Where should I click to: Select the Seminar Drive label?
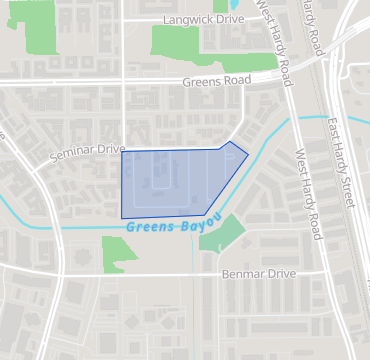click(x=84, y=151)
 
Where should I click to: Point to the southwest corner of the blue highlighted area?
click(x=122, y=217)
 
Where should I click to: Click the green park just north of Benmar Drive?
click(x=119, y=253)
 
